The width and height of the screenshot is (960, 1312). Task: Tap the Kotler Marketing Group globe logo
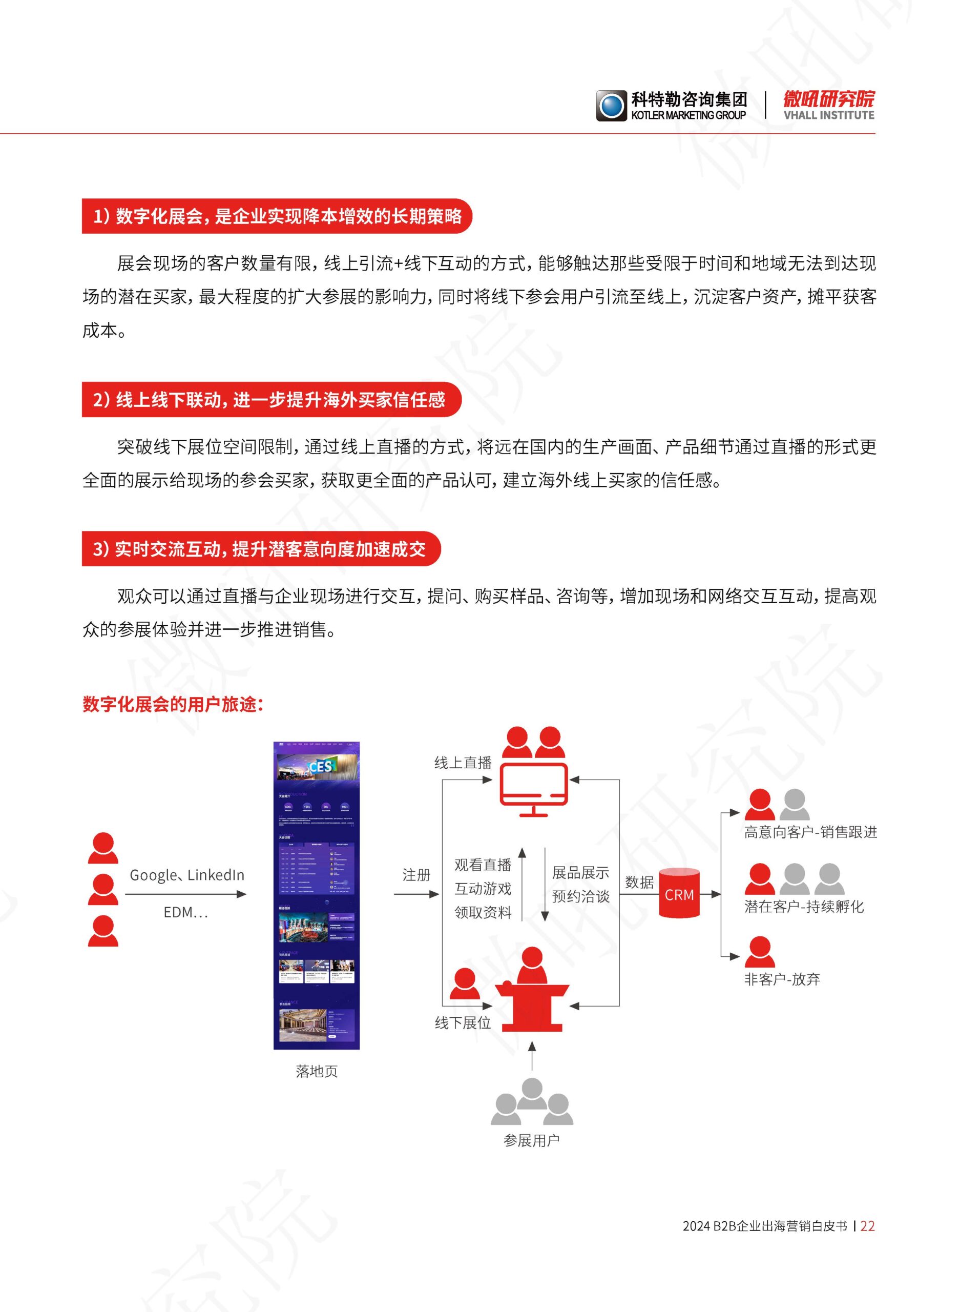tap(611, 106)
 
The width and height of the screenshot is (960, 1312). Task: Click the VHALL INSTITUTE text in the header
tap(829, 116)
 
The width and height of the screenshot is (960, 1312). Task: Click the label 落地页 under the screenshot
tap(317, 1071)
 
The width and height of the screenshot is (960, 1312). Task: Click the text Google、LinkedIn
tap(186, 875)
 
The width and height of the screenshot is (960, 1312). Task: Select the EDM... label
tap(185, 913)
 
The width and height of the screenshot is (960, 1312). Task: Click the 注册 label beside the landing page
tap(416, 875)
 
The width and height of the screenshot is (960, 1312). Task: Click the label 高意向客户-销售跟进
tap(810, 832)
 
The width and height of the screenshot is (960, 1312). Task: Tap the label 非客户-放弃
tap(782, 979)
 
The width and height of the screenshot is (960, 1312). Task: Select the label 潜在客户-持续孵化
tap(804, 907)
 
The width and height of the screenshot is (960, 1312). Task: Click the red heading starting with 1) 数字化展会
tap(277, 216)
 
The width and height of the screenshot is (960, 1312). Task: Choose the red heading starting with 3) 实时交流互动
tap(260, 549)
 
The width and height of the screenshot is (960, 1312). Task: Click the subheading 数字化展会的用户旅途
tap(173, 705)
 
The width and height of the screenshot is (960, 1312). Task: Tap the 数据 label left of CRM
tap(639, 883)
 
